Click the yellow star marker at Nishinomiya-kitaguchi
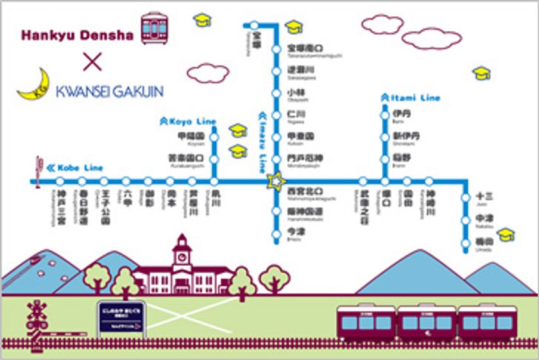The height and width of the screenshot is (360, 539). point(277,182)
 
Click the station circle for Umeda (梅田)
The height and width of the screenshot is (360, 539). point(466,243)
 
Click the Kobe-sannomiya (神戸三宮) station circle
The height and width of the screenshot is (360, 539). point(61,182)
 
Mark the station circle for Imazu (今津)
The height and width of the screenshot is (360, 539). point(277,234)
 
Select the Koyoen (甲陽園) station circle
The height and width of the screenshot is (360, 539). point(214,136)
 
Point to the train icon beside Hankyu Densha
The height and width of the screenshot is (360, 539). point(154,27)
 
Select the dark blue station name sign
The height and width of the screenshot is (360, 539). point(122,317)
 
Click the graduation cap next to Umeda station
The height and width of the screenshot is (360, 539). point(506,234)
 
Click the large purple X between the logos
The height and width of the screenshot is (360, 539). point(92,62)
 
